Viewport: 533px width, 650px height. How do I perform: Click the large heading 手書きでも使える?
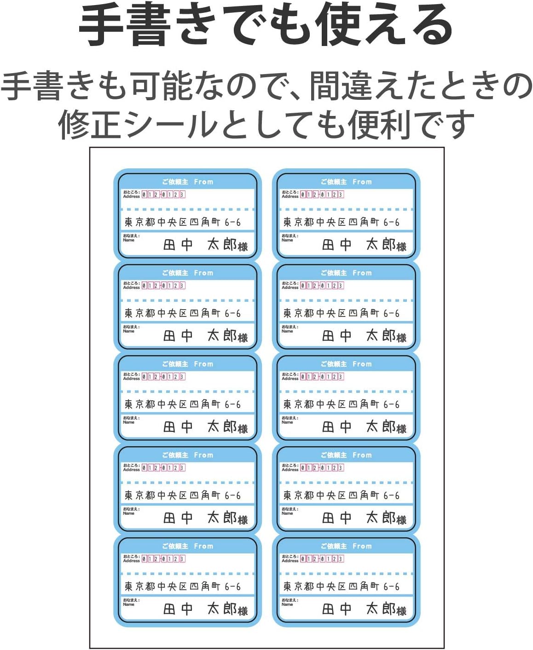(266, 25)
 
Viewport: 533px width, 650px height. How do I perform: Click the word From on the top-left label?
(203, 182)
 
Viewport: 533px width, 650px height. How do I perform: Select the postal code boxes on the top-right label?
(322, 195)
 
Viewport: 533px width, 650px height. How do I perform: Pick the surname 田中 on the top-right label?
(336, 245)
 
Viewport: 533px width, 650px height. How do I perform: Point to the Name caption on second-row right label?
(287, 331)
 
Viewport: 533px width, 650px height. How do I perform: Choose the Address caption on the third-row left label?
(131, 379)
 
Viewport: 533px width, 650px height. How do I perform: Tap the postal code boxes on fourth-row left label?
(163, 468)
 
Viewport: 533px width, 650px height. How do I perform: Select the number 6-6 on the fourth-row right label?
(391, 495)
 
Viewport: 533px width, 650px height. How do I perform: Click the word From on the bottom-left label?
(203, 546)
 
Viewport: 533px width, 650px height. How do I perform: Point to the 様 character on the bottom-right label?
(401, 611)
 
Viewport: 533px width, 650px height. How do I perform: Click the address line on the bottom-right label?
(341, 587)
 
